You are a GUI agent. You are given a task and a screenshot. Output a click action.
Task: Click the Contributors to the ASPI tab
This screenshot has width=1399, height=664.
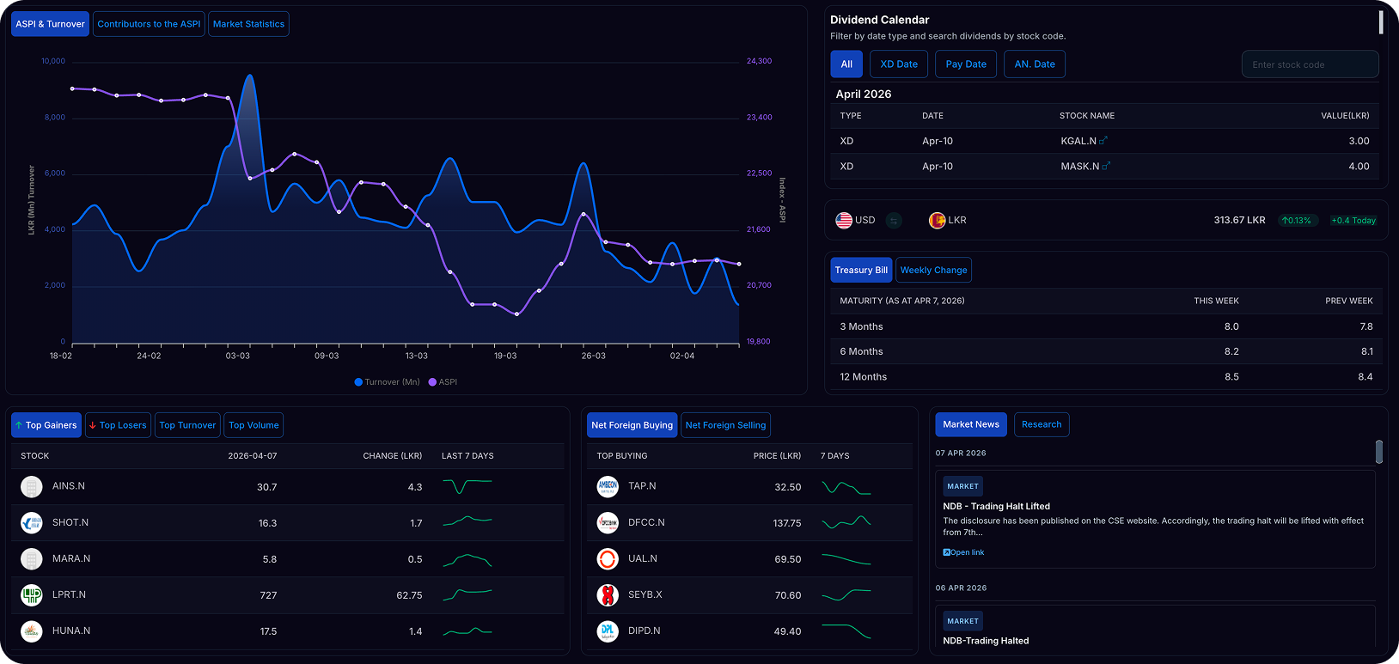[149, 24]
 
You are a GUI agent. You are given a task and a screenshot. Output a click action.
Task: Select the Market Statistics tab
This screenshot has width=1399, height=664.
[248, 24]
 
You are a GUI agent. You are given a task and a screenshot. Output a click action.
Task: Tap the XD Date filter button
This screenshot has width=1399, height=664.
[899, 64]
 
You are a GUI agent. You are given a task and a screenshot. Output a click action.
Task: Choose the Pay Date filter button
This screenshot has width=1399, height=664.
[966, 64]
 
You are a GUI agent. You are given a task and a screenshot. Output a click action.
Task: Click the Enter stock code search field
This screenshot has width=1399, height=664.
[1310, 64]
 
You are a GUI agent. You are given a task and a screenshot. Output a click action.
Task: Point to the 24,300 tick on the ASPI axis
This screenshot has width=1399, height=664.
[759, 61]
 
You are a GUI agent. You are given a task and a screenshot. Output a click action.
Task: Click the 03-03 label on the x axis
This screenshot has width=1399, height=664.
[237, 356]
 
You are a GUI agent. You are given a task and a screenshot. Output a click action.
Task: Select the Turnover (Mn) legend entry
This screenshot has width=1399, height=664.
[388, 382]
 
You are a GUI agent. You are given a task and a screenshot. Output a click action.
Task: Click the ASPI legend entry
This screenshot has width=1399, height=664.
[443, 382]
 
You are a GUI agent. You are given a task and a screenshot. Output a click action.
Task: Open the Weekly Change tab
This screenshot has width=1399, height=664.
[934, 271]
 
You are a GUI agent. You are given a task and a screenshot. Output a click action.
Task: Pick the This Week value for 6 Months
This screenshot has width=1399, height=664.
[1231, 351]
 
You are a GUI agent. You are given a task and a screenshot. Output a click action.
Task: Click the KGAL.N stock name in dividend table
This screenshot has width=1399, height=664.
[1078, 141]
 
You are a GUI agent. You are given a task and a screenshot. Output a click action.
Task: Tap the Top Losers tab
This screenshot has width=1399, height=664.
[118, 425]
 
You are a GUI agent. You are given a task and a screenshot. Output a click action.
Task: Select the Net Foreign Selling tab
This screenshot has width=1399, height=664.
[726, 425]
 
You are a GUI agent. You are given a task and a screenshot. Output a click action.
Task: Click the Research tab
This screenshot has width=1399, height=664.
[1042, 424]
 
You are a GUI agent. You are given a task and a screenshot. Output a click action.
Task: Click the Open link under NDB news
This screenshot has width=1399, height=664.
[963, 552]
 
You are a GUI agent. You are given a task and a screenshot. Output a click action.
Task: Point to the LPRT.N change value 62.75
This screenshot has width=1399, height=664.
[409, 595]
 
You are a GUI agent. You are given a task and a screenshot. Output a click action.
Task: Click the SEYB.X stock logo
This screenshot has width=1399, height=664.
[607, 595]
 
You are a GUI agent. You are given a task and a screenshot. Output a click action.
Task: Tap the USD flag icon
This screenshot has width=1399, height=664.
[844, 220]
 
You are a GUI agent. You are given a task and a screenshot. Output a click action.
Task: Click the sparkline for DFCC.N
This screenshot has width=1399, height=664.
[846, 522]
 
